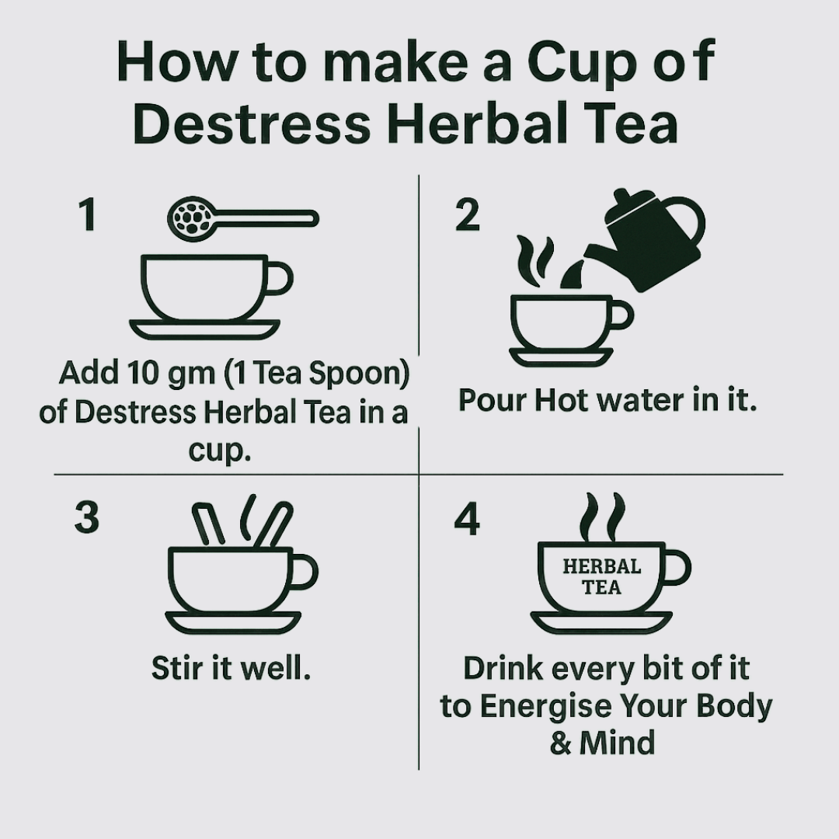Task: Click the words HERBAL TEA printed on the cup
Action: [x=602, y=576]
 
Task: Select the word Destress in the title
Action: [x=252, y=124]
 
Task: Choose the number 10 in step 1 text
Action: [x=144, y=372]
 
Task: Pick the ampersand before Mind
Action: [x=560, y=743]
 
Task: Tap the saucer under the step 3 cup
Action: [x=233, y=623]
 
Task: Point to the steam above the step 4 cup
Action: [x=603, y=517]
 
